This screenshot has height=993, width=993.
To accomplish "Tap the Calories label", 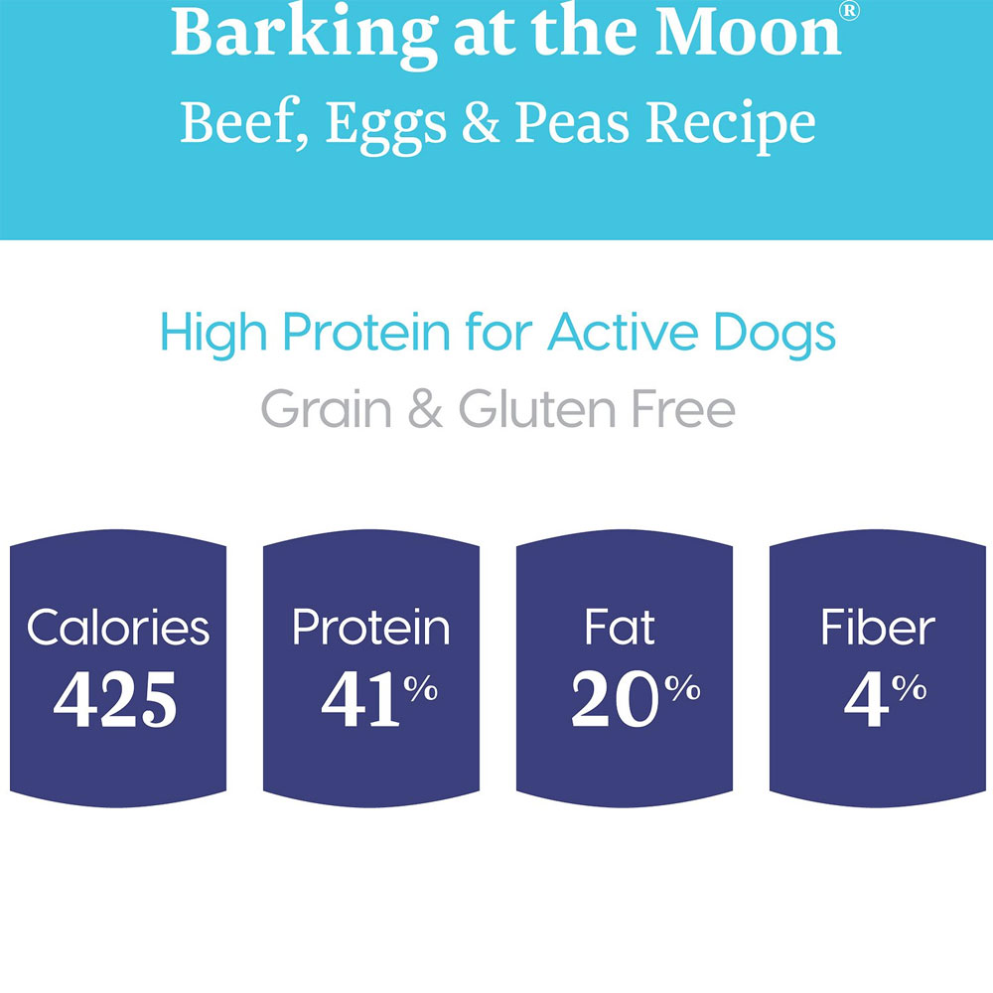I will point(118,628).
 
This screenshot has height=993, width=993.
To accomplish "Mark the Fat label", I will point(622,628).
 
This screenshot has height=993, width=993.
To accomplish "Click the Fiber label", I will point(878,628).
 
